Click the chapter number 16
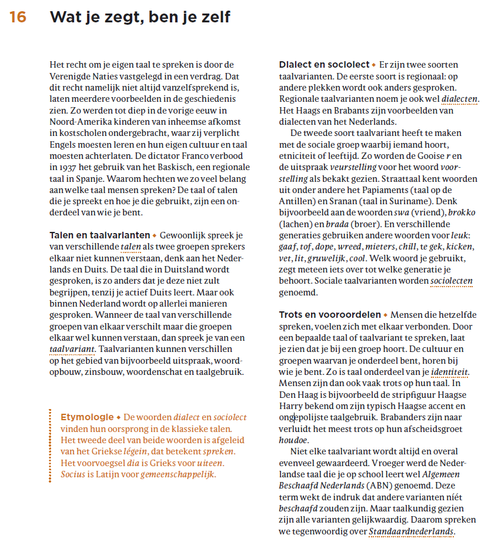[x=18, y=18]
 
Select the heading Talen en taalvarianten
[x=99, y=235]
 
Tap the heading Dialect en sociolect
[x=324, y=65]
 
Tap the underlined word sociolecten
[x=451, y=281]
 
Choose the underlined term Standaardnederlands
[x=412, y=531]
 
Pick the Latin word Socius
[x=73, y=474]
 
